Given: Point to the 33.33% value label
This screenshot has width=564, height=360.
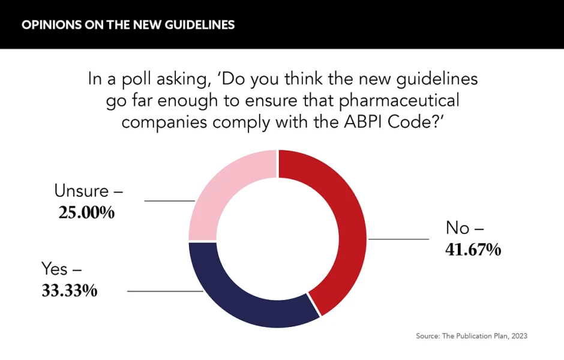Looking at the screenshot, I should pyautogui.click(x=69, y=290).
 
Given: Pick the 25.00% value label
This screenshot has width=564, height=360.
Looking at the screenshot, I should pyautogui.click(x=86, y=212).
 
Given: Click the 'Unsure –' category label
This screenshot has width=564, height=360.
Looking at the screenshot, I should pyautogui.click(x=88, y=191).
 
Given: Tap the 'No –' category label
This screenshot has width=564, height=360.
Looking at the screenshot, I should pyautogui.click(x=464, y=227).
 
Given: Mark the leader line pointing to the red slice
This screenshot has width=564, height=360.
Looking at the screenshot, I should pyautogui.click(x=398, y=239).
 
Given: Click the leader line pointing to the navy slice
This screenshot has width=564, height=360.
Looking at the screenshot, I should pyautogui.click(x=166, y=291).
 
